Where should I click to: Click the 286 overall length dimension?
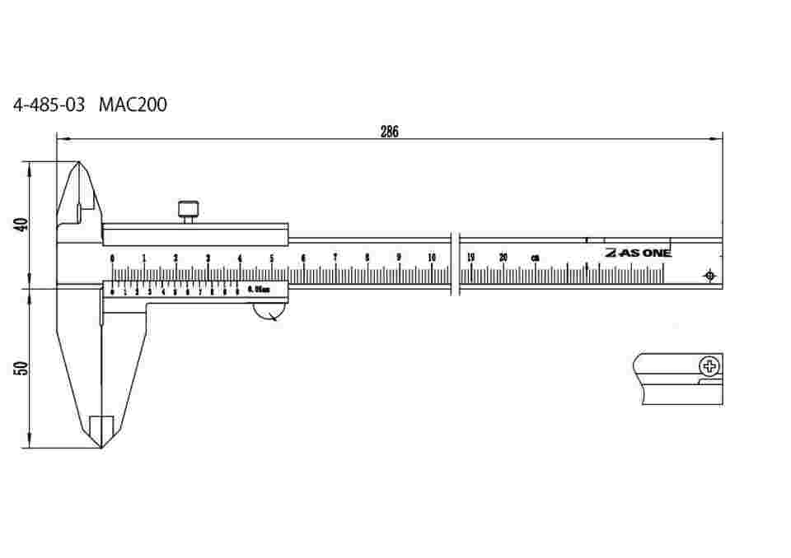(x=390, y=133)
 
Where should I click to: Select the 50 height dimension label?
(x=22, y=368)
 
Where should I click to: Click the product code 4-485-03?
(x=49, y=106)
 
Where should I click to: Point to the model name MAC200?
(x=133, y=106)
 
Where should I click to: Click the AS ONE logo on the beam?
(x=638, y=253)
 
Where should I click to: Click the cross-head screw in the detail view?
(x=709, y=366)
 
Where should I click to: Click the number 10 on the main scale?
(x=432, y=258)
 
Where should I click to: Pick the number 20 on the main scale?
(x=503, y=258)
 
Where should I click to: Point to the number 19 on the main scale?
(x=470, y=258)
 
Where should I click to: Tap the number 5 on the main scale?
(x=272, y=258)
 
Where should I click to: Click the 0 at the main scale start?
(x=113, y=258)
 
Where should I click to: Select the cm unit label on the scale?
(x=535, y=258)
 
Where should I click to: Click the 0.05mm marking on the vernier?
(x=258, y=290)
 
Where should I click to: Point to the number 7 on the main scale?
(x=335, y=258)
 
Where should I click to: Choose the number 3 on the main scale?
(x=208, y=258)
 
